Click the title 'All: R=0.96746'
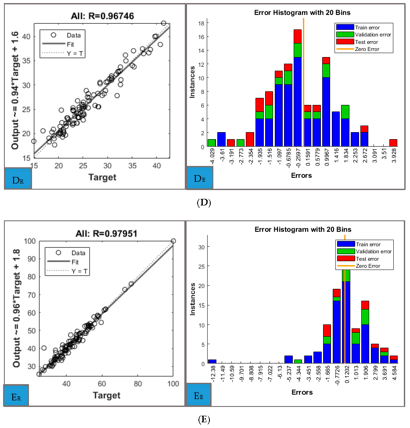click(x=103, y=16)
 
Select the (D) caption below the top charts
click(x=205, y=203)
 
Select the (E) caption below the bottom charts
click(x=205, y=420)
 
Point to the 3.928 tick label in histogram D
click(x=393, y=157)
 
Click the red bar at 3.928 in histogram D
click(x=393, y=143)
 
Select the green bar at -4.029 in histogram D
click(x=212, y=143)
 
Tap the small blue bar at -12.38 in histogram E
click(x=212, y=361)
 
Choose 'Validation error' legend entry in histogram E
click(x=374, y=252)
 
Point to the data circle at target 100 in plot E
click(x=173, y=241)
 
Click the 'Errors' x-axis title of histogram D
click(x=301, y=175)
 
